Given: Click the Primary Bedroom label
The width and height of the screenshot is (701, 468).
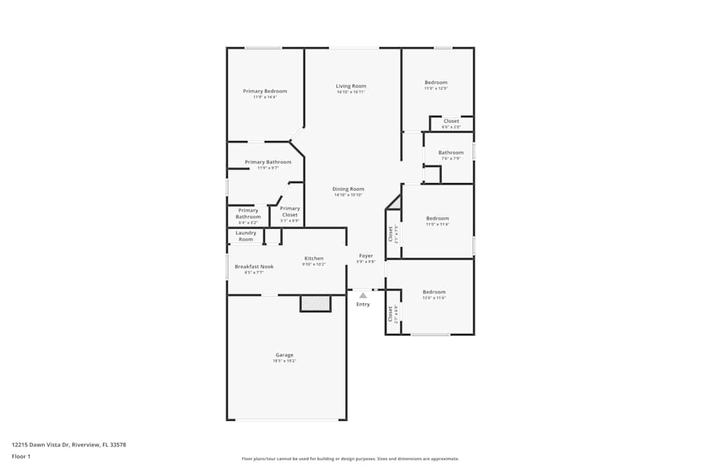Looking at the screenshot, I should [x=265, y=91].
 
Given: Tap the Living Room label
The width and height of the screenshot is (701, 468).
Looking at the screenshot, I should [x=350, y=86].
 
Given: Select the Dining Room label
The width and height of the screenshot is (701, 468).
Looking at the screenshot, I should [x=348, y=189].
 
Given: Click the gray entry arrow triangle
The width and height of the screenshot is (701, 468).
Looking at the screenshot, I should [x=363, y=296].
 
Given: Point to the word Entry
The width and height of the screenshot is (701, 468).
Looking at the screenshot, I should [x=363, y=305].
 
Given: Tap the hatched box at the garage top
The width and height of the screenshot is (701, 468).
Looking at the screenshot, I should [x=315, y=303].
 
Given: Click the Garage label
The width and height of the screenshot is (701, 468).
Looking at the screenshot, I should [x=284, y=355].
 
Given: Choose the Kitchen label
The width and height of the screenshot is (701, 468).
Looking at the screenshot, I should [x=313, y=259].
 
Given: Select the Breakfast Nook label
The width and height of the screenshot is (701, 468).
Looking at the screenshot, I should [x=254, y=267].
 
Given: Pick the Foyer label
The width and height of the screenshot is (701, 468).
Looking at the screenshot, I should [x=366, y=256].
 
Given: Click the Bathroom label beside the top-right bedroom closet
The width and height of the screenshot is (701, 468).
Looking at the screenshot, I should [x=451, y=153].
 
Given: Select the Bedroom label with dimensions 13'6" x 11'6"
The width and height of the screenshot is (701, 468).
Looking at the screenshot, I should [x=434, y=292].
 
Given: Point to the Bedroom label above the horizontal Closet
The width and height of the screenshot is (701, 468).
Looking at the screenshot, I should [x=435, y=83].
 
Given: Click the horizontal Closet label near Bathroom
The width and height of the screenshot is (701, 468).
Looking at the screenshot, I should [x=451, y=121].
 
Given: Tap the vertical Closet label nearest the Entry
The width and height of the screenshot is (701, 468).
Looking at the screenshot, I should [x=391, y=313].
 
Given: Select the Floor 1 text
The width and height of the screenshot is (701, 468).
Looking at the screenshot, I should [x=21, y=456].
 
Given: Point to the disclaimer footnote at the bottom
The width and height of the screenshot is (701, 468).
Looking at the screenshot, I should [x=350, y=459].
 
